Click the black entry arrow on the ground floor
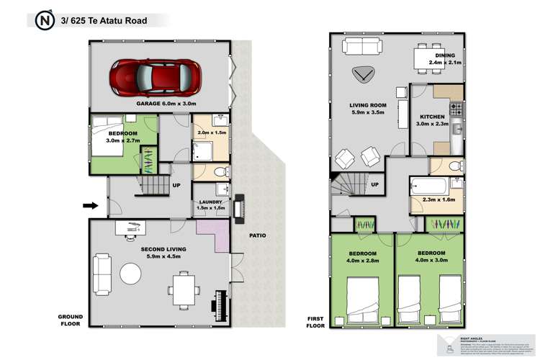point(90,206)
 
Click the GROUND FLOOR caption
point(71,320)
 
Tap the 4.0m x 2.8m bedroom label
point(363,257)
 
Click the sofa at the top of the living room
point(363,46)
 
